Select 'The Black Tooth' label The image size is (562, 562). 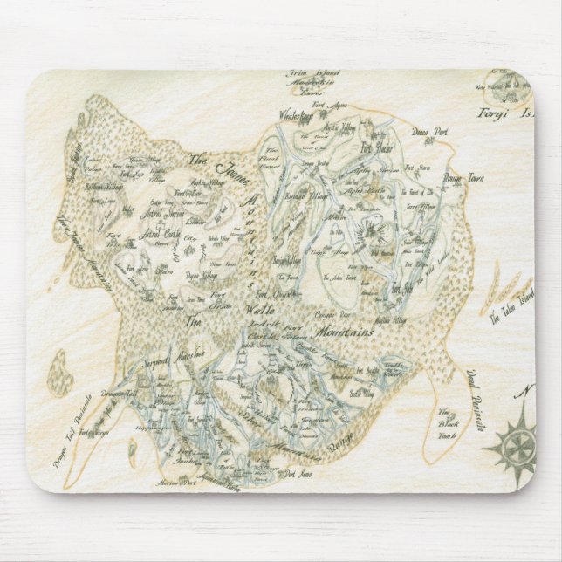(446, 423)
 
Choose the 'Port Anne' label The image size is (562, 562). (292, 474)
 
